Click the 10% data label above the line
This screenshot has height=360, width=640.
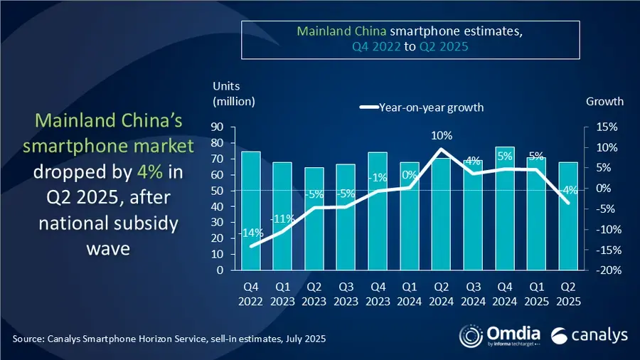[x=442, y=135]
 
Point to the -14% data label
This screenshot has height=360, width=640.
[x=252, y=232]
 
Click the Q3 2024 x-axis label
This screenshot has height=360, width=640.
[x=473, y=295]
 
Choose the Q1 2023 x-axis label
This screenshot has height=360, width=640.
[x=283, y=295]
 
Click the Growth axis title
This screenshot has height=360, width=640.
[x=604, y=101]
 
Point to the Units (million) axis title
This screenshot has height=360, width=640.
[x=233, y=93]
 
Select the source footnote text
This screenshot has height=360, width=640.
[x=169, y=339]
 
